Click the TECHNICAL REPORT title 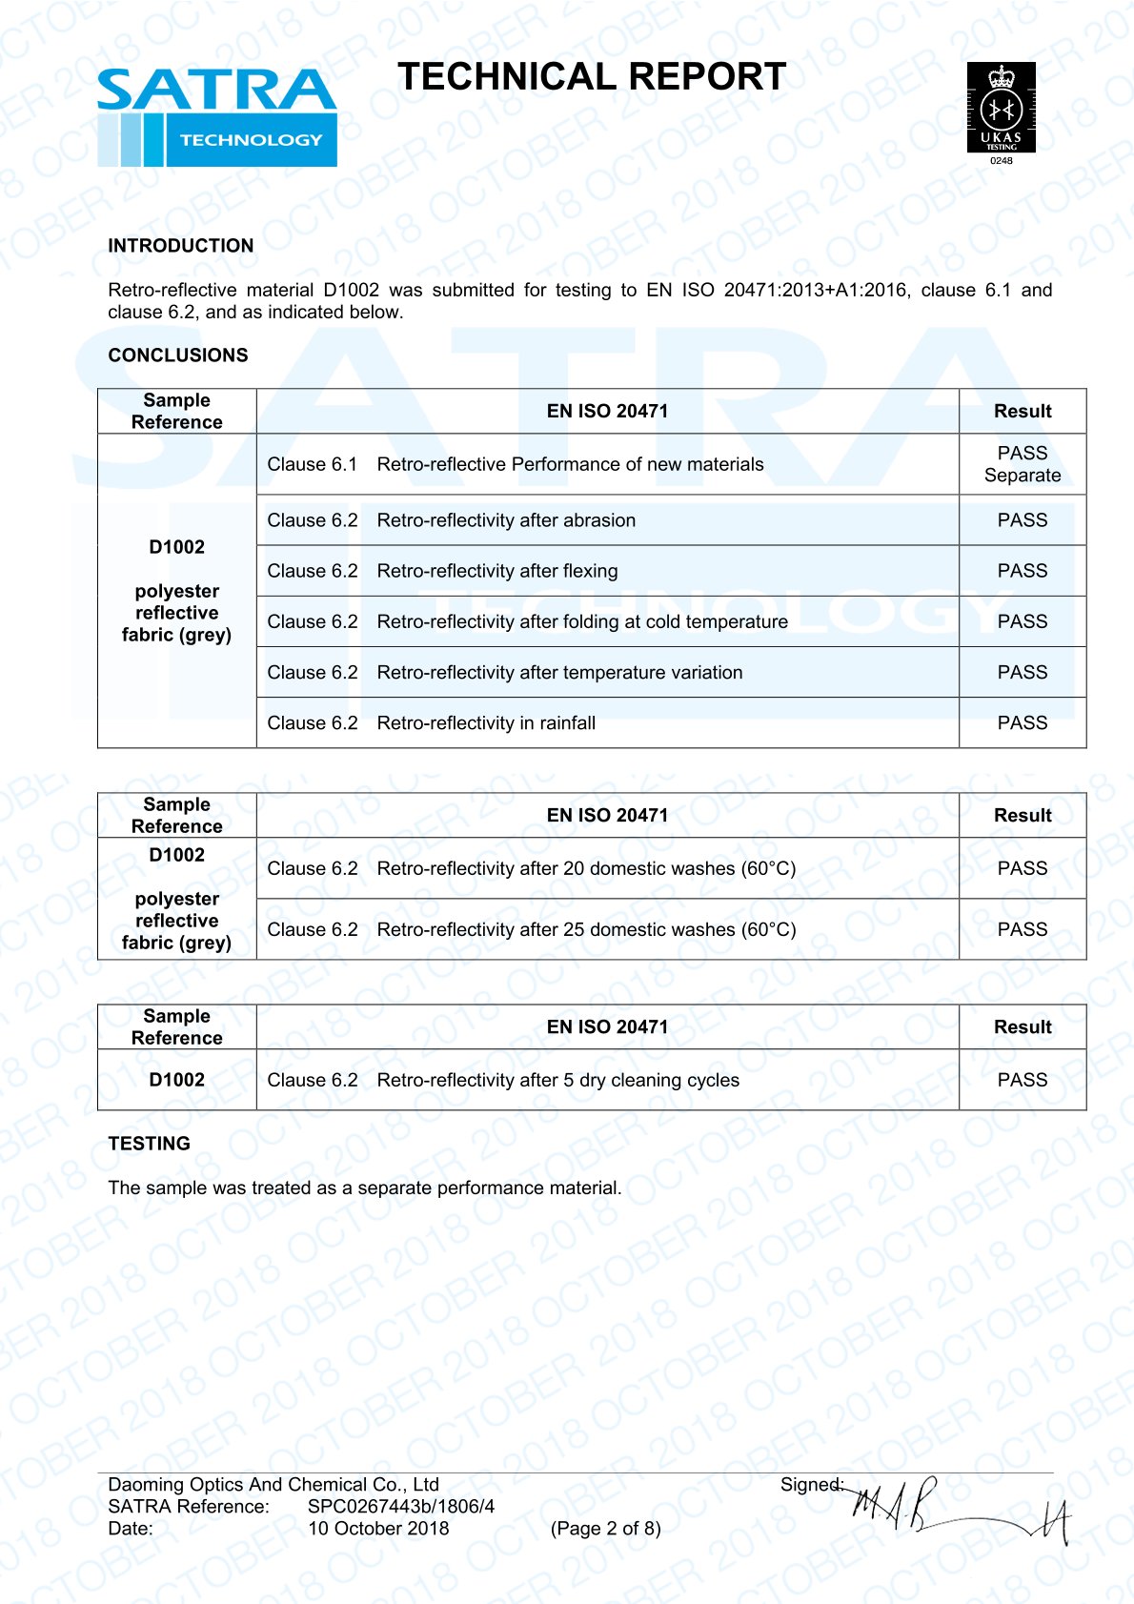pos(592,77)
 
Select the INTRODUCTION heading pos(181,246)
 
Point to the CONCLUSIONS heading pos(178,355)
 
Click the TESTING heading pos(150,1144)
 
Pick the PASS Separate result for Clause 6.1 pos(1023,464)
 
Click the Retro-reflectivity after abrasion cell pos(506,520)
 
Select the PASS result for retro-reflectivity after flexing pos(1023,571)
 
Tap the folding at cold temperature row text pos(582,621)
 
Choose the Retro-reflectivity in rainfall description pos(486,723)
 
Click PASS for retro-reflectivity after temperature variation pos(1023,672)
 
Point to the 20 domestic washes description pos(586,868)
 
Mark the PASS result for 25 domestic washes pos(1023,929)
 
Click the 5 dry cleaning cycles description pos(557,1080)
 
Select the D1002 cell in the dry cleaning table pos(177,1080)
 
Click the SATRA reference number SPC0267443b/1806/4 pos(401,1507)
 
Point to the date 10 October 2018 pos(378,1529)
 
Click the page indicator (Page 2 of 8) pos(605,1529)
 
